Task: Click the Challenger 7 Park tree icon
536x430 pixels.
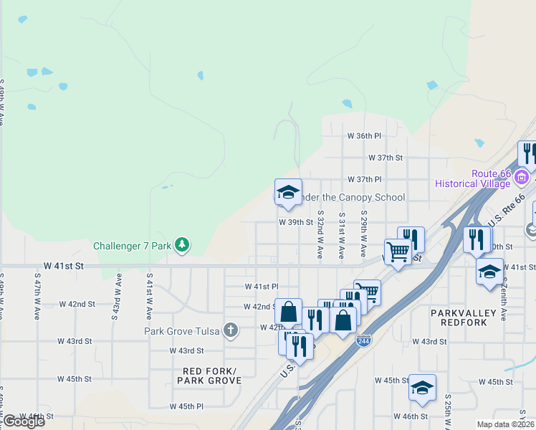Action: click(x=183, y=246)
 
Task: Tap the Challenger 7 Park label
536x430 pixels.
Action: click(x=133, y=247)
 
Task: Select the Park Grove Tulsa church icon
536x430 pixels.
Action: click(x=229, y=330)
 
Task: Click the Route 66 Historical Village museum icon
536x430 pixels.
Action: click(x=522, y=176)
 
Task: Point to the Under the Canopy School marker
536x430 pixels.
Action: click(x=288, y=193)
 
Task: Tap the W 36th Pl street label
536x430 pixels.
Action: click(x=364, y=135)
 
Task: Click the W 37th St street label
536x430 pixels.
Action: click(x=386, y=157)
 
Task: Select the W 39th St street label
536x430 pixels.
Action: click(x=296, y=222)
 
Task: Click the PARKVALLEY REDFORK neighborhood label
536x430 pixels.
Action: click(x=469, y=318)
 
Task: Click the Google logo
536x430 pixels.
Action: click(x=23, y=421)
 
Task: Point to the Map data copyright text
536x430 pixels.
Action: click(x=506, y=424)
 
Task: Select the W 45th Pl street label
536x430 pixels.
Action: click(x=186, y=406)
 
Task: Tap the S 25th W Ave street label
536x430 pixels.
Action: click(x=446, y=411)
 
